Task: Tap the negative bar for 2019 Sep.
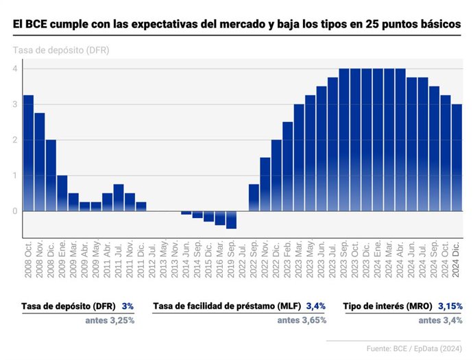point(231,219)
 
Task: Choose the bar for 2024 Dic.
point(457,158)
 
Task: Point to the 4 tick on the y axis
point(15,69)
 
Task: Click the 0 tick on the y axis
point(15,211)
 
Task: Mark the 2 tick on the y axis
point(15,140)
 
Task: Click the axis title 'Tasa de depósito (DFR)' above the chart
point(60,50)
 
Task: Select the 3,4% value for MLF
point(315,305)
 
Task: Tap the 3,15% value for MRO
point(450,305)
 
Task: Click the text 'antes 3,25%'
point(110,320)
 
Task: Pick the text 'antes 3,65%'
point(301,320)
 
